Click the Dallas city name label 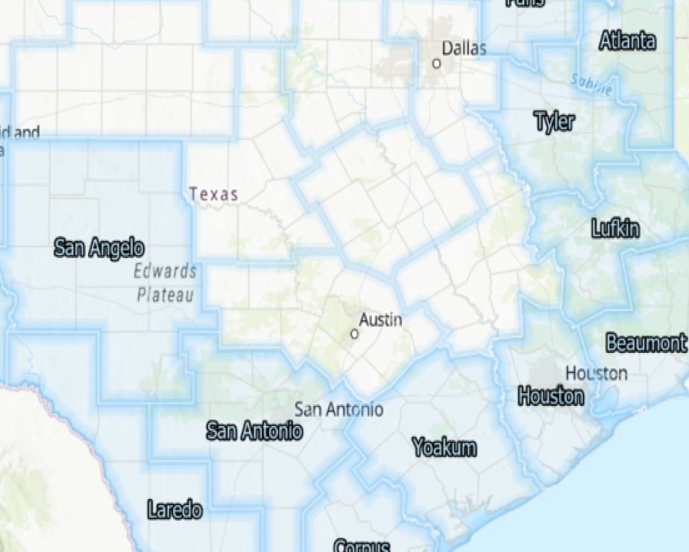(x=464, y=48)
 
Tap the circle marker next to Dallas (x=437, y=64)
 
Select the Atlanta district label (x=628, y=41)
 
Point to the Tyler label (x=555, y=121)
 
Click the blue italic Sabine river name (x=591, y=85)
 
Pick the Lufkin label (x=615, y=228)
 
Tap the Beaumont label (x=646, y=343)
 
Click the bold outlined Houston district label (x=551, y=396)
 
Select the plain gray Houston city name (x=596, y=373)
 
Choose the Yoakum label (x=444, y=448)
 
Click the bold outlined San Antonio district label (x=254, y=430)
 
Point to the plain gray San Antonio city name (x=339, y=409)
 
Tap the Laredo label (x=174, y=510)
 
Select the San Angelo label (x=99, y=248)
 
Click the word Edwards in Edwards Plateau (x=166, y=271)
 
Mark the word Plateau (x=166, y=295)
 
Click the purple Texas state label (x=213, y=195)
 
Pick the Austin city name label (x=380, y=320)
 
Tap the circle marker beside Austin (x=354, y=334)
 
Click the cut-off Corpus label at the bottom (x=362, y=545)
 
